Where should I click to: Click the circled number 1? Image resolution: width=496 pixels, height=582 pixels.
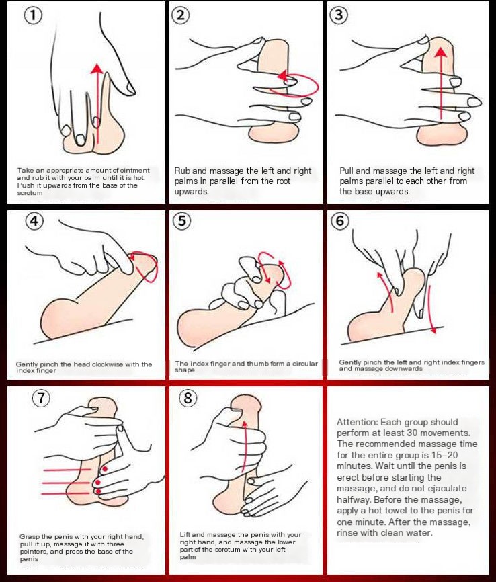pos(33,16)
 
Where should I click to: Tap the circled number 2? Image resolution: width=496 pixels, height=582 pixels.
pos(180,15)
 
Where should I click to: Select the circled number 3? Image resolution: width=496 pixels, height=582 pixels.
pos(339,15)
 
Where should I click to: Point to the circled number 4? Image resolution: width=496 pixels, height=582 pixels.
pos(34,221)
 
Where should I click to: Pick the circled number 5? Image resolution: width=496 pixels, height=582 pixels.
pos(182,221)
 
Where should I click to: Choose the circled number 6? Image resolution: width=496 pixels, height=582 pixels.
pos(340,221)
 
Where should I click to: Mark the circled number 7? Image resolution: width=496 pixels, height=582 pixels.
pos(41,398)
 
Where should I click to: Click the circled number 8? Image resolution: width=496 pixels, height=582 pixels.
pos(188,398)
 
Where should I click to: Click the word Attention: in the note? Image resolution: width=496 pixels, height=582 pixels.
pos(357,422)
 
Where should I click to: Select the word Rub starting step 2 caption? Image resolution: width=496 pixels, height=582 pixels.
pos(182,171)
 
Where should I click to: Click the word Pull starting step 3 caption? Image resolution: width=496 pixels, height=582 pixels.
pos(347,171)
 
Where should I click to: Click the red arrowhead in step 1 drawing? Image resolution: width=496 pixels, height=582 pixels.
pos(97,69)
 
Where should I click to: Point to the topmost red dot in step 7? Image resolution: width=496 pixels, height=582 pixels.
pos(105,469)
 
